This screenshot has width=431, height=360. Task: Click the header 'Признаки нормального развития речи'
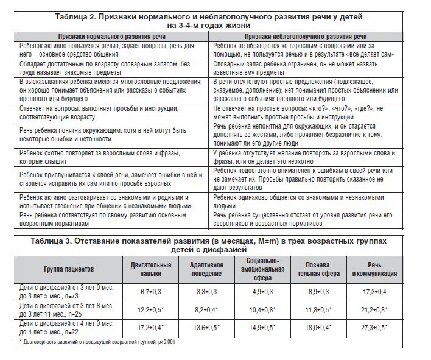click(110, 37)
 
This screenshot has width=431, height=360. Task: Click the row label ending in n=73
click(68, 293)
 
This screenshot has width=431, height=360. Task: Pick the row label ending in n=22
click(68, 328)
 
